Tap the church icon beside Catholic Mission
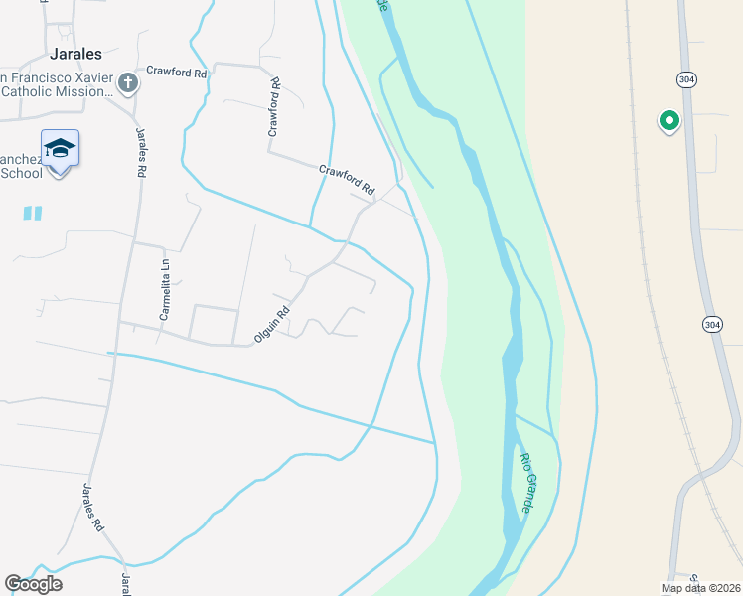pos(128,83)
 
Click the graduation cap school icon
pos(60,149)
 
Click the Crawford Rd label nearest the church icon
pos(176,72)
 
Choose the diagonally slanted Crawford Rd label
pos(347,178)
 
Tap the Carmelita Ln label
pos(165,289)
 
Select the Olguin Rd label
pos(271,324)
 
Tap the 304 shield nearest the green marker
pos(686,78)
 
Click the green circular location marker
pos(669,121)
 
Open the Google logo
pos(33,584)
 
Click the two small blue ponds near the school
pos(32,213)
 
